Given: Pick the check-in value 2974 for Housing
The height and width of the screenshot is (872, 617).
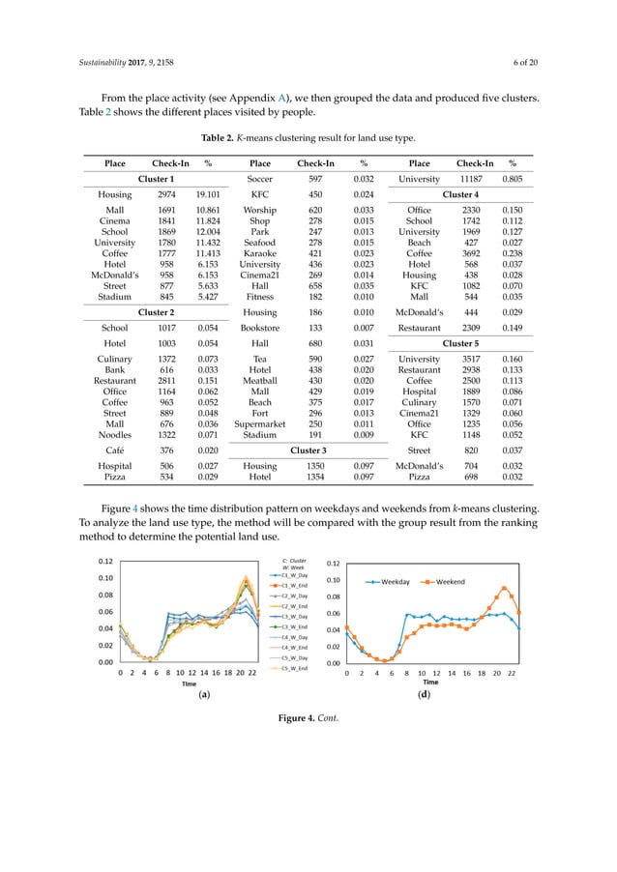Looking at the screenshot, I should [167, 193].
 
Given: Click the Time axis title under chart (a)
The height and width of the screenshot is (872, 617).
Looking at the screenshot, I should [191, 683].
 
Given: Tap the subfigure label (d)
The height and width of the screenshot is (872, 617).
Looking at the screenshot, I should [424, 695].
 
